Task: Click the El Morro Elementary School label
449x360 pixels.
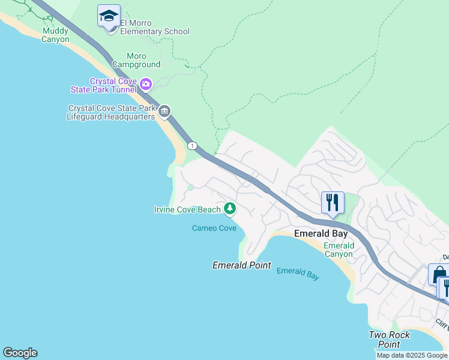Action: click(x=154, y=27)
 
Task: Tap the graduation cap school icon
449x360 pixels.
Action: click(x=109, y=16)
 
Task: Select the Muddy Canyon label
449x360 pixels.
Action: click(x=55, y=35)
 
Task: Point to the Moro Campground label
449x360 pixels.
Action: click(x=136, y=60)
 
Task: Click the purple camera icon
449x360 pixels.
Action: click(x=146, y=85)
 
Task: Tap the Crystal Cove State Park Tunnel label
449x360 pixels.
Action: click(x=113, y=85)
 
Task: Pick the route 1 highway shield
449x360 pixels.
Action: click(x=192, y=146)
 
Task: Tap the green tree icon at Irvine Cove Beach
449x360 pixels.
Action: click(x=229, y=209)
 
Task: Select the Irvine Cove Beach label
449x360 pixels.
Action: click(x=187, y=209)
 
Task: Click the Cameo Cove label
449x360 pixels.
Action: click(x=214, y=228)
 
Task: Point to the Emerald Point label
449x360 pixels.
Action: click(x=242, y=265)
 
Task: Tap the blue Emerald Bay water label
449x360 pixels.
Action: click(x=298, y=274)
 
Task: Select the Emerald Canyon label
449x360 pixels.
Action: click(x=339, y=250)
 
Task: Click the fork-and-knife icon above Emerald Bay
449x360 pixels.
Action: click(x=333, y=203)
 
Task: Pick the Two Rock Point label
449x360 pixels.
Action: click(x=390, y=340)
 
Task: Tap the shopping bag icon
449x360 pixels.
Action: click(x=438, y=274)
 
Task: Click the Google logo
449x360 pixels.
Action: click(x=20, y=353)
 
